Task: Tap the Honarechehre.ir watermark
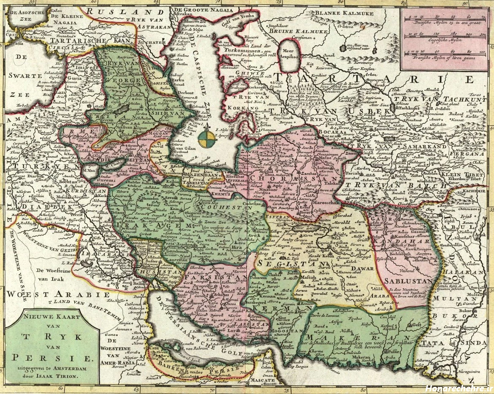[x=458, y=388]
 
